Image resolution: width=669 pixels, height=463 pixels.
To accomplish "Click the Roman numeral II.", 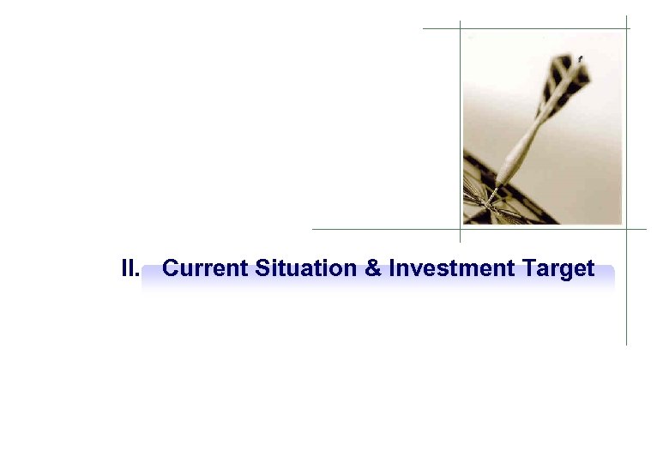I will click(x=130, y=269).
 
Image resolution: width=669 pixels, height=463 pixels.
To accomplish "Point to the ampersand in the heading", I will click(x=373, y=269).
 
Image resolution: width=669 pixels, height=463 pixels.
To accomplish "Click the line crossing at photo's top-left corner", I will click(x=461, y=28).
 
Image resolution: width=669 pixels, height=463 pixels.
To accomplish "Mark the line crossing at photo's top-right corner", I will click(x=627, y=28).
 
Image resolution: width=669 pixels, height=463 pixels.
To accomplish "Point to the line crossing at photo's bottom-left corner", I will click(x=461, y=230).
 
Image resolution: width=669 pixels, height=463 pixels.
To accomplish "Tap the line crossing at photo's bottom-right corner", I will click(x=627, y=230).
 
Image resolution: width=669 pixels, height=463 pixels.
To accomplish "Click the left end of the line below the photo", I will click(x=313, y=230).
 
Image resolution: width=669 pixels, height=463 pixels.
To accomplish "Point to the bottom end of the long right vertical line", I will click(x=627, y=344).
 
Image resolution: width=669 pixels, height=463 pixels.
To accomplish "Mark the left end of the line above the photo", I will click(x=424, y=28).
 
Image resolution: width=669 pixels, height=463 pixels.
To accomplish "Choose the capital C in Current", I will click(x=170, y=269).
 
